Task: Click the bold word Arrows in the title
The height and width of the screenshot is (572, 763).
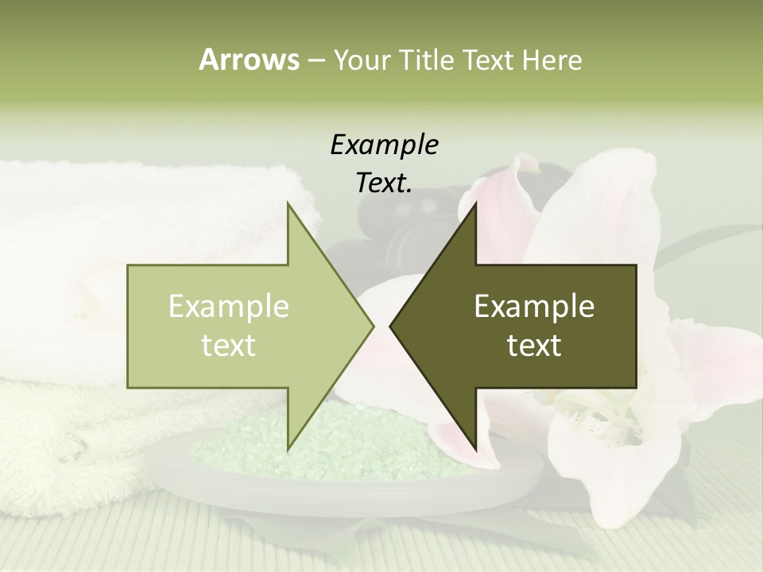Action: click(249, 60)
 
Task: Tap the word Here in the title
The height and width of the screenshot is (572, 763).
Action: click(552, 60)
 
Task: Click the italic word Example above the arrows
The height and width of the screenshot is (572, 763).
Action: click(384, 145)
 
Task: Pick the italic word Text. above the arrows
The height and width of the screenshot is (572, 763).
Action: click(384, 184)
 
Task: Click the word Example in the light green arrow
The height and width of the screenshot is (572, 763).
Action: click(229, 306)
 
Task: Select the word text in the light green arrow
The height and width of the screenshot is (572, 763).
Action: click(229, 345)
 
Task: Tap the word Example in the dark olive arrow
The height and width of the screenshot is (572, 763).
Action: click(534, 306)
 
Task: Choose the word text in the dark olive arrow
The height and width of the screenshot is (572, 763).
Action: click(534, 345)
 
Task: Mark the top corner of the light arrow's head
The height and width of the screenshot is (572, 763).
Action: click(289, 203)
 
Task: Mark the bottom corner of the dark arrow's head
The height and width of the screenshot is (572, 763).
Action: click(475, 450)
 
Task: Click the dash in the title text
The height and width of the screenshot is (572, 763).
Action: click(316, 60)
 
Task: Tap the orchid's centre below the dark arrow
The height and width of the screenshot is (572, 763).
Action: click(612, 421)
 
